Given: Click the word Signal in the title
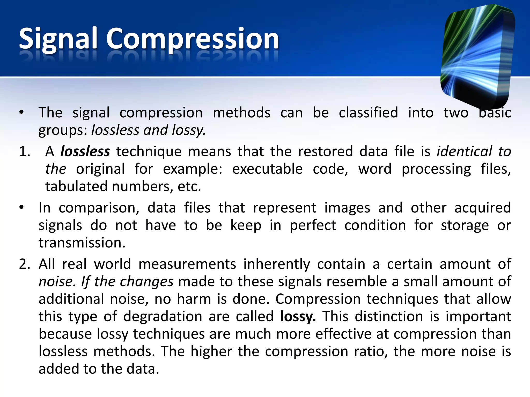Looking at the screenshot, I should click(58, 39).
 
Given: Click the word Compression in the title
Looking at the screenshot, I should click(193, 39).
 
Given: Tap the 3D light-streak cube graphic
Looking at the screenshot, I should click(478, 56).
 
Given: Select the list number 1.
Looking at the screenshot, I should click(24, 151).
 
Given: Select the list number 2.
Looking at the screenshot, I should click(24, 264).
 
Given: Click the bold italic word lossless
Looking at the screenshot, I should click(85, 151).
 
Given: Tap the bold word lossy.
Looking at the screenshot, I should click(298, 316).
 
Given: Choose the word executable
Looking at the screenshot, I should click(267, 169).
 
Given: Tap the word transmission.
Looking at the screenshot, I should click(82, 243).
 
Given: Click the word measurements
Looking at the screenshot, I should click(187, 264).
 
